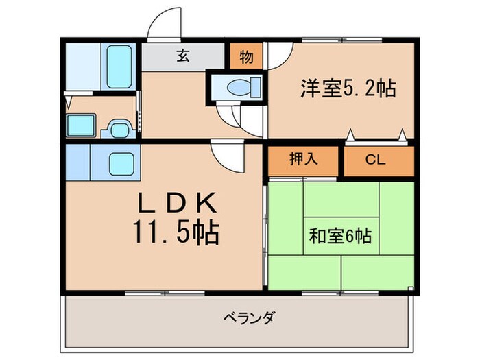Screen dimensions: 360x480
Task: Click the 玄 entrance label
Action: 183,57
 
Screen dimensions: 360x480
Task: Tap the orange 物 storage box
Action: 245,57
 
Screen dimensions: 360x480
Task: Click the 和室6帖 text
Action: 340,237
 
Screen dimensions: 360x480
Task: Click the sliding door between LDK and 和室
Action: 265,233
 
